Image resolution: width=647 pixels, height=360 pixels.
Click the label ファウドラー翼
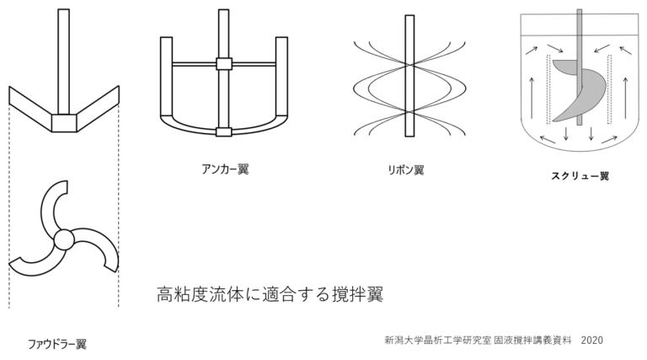[x=57, y=344]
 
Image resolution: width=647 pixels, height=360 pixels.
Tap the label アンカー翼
[x=225, y=169]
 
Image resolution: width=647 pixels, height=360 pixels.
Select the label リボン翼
[x=406, y=170]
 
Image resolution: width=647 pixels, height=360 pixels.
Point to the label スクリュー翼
[x=580, y=176]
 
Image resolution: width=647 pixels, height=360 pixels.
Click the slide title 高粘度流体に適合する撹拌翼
[x=270, y=294]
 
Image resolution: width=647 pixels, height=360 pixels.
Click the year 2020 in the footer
[x=592, y=340]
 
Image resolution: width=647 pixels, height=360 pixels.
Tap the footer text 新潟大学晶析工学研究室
[x=438, y=340]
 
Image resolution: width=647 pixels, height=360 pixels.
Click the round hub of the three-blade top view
[x=63, y=239]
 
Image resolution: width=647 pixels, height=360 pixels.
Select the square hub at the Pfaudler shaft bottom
[x=64, y=122]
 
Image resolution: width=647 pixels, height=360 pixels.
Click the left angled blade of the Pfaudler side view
[x=30, y=108]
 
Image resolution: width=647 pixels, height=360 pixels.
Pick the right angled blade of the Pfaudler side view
[x=98, y=108]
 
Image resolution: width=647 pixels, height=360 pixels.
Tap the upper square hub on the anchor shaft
[x=224, y=63]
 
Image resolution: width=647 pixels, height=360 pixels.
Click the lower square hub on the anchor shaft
[x=223, y=132]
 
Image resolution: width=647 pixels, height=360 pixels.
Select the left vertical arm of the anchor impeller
[x=166, y=77]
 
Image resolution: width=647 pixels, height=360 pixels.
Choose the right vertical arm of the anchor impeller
[x=281, y=77]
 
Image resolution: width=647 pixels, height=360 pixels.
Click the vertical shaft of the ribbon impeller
[x=409, y=76]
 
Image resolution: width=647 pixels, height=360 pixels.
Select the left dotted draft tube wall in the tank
[x=548, y=89]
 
